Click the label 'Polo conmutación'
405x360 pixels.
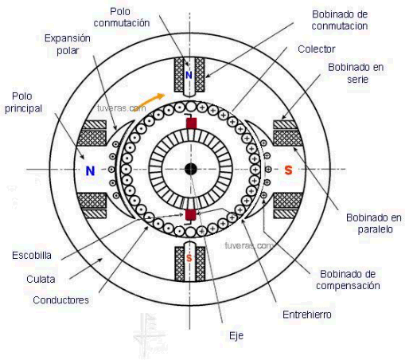122,18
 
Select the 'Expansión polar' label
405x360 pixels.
68,45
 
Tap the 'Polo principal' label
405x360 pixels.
23,102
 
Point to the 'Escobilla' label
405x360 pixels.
32,256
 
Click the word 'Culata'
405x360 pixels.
41,280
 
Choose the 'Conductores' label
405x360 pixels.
60,300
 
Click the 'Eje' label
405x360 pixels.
236,336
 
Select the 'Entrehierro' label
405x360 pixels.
307,315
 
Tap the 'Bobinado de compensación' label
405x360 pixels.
348,280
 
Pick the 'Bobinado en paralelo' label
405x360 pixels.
374,224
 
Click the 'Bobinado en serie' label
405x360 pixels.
356,73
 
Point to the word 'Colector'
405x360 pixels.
317,49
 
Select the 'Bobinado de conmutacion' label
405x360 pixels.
340,20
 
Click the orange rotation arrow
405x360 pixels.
149,102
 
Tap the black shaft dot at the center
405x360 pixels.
190,169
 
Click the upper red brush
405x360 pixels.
191,123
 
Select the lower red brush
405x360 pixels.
190,215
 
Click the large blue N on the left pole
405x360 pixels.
90,170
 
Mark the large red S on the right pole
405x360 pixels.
288,170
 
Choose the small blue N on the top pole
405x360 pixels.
189,76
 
